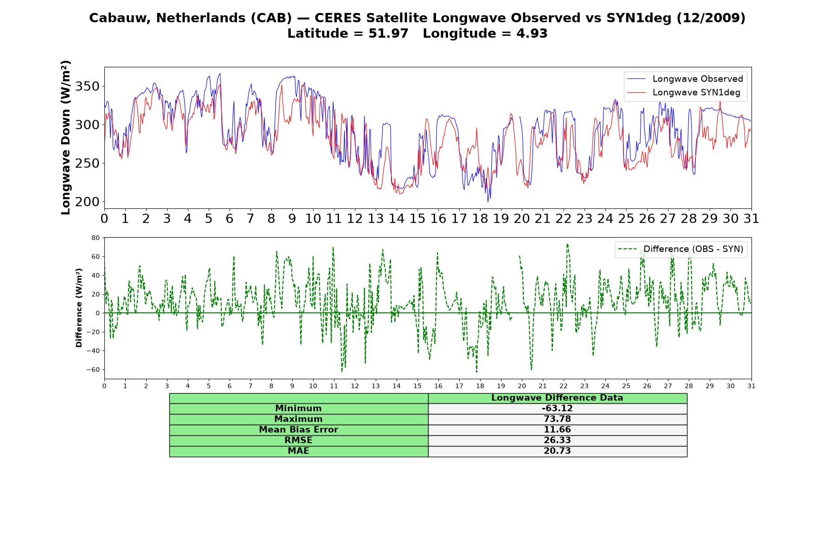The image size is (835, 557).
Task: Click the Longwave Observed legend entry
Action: coord(685,79)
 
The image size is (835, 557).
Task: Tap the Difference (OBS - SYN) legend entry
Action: coord(681,249)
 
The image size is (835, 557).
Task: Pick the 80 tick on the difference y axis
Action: coord(96,238)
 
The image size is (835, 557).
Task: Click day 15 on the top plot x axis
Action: coord(417,219)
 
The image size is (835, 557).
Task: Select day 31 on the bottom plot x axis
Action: coord(751,386)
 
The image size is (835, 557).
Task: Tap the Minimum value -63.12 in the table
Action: coord(557,408)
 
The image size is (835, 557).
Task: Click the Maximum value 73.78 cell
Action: coord(557,419)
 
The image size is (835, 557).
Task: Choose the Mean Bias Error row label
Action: coord(298,430)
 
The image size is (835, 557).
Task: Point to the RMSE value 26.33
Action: coord(557,440)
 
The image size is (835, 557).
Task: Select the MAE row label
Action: coord(298,451)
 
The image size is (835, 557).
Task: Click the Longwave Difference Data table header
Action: coord(557,398)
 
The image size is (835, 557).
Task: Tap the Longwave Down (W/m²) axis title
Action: coord(66,137)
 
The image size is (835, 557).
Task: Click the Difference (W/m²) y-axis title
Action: coord(79,308)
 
